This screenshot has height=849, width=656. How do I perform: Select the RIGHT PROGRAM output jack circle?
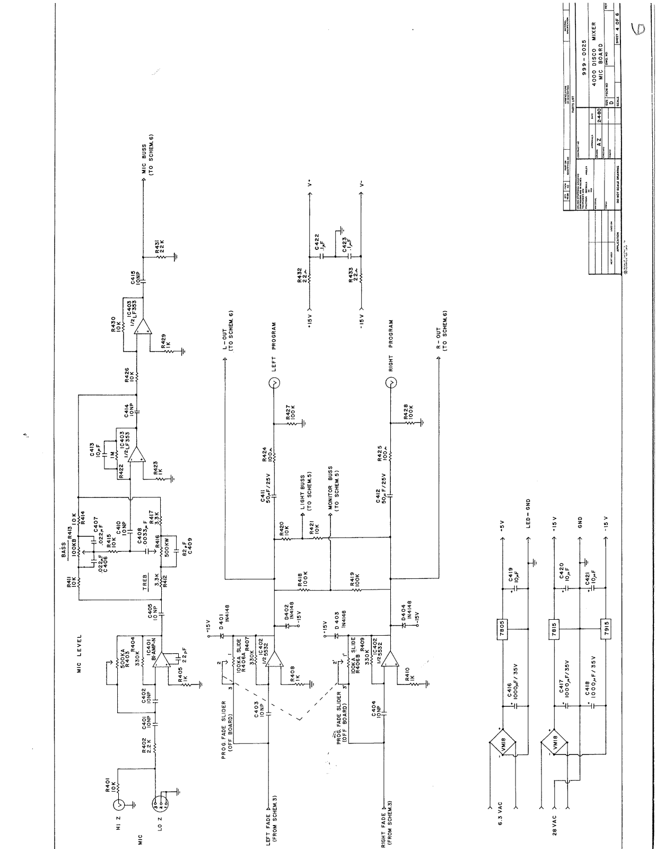[x=391, y=383]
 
